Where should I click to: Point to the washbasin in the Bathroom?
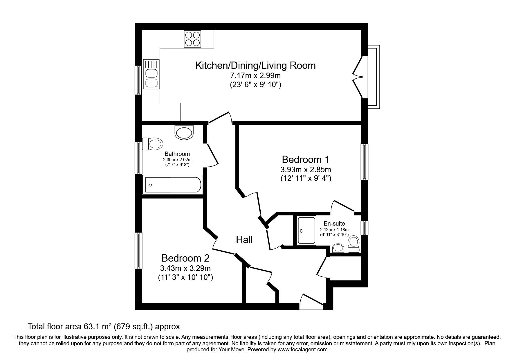[x=184, y=132]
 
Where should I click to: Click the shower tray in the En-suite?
[x=306, y=231]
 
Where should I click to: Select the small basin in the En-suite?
[x=338, y=248]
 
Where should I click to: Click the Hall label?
[x=244, y=240]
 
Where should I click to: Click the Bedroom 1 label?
[x=306, y=159]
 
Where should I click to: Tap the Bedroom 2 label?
[x=185, y=258]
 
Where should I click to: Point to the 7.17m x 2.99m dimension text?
[x=255, y=76]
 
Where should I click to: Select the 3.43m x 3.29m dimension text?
[x=185, y=268]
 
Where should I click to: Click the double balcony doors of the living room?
[x=359, y=77]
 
